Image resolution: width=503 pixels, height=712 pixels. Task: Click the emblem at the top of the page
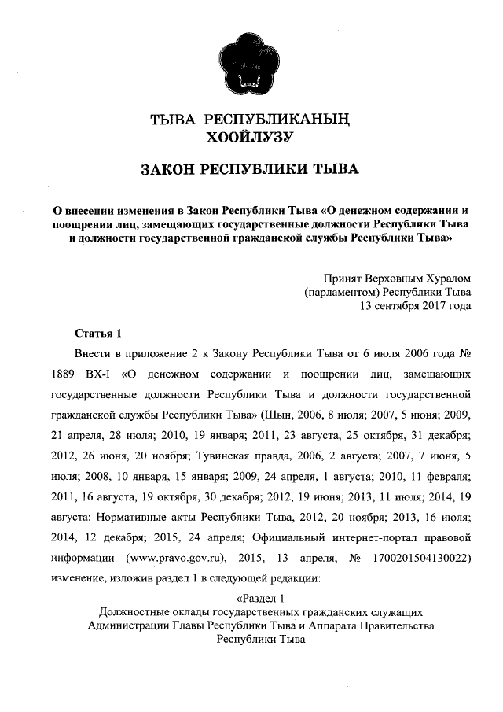(250, 61)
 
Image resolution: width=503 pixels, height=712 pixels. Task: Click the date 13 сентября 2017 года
(415, 306)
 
